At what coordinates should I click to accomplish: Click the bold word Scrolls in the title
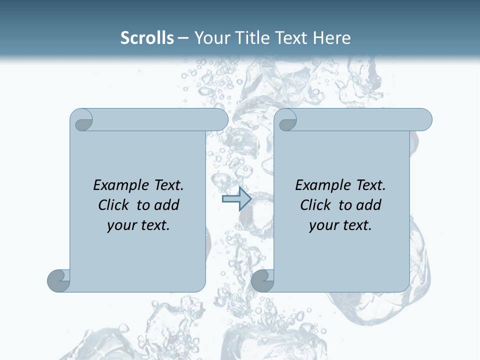[x=147, y=37]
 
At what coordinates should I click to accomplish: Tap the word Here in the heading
[x=331, y=37]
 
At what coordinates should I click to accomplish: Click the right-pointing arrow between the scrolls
[x=236, y=199]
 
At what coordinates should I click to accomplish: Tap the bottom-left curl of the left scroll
[x=58, y=280]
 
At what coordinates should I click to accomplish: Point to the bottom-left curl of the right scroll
[x=262, y=280]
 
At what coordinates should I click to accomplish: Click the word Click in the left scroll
[x=113, y=205]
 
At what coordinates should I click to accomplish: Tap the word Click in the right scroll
[x=315, y=205]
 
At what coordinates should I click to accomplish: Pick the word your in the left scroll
[x=120, y=225]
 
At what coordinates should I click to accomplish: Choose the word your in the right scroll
[x=322, y=225]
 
